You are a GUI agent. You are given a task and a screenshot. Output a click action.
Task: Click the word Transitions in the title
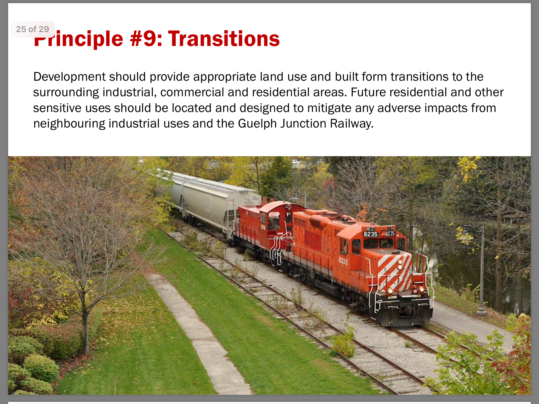[x=224, y=39]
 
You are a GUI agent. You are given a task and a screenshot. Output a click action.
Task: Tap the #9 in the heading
[x=143, y=39]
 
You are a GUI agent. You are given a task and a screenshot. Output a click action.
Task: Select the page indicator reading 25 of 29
[x=32, y=29]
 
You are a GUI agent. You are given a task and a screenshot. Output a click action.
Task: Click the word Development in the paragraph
[x=69, y=77]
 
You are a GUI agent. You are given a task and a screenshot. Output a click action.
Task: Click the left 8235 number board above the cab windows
[x=371, y=234]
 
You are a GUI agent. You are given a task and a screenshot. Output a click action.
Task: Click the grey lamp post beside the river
[x=481, y=271]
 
